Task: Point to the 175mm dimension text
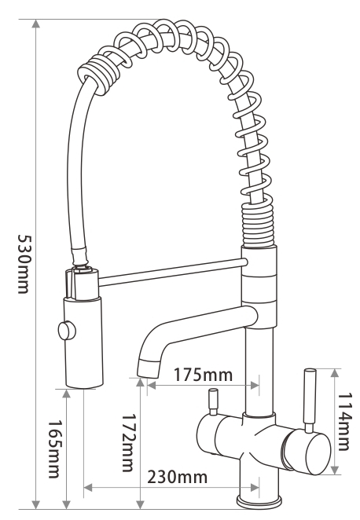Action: pyautogui.click(x=204, y=374)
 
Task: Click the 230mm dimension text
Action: pyautogui.click(x=178, y=476)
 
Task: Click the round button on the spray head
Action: pyautogui.click(x=63, y=331)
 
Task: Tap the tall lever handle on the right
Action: pyautogui.click(x=309, y=397)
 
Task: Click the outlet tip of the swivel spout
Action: pyautogui.click(x=146, y=367)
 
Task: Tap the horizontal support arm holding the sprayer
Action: pyautogui.click(x=169, y=272)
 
